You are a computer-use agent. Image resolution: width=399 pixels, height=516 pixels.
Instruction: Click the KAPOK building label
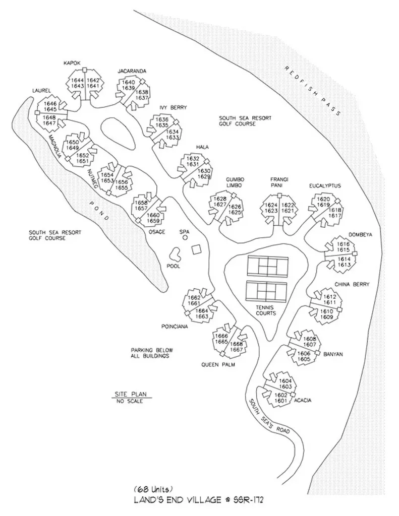point(72,63)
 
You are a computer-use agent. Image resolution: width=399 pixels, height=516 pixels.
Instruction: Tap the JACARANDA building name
point(132,71)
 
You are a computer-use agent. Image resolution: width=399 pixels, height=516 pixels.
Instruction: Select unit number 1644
point(77,80)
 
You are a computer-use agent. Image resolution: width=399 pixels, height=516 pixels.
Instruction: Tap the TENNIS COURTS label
point(266,310)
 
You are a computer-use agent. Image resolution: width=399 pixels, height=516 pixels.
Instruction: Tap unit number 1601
point(280,401)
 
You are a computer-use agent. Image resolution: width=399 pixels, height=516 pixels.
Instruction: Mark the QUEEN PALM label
point(217,364)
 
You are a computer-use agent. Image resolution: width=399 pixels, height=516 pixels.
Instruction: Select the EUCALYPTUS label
point(325,186)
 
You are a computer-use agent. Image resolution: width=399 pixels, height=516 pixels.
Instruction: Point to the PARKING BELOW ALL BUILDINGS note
point(149,353)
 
